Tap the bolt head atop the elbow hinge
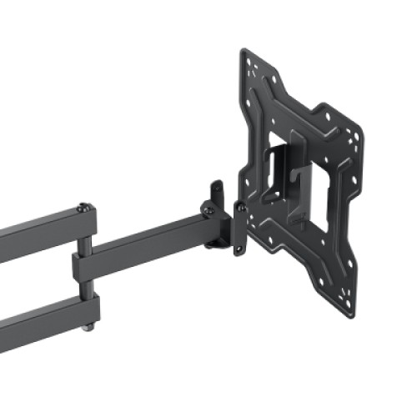click(x=82, y=208)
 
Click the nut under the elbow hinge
click(x=88, y=329)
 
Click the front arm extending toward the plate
click(x=150, y=242)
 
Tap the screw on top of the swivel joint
click(x=205, y=205)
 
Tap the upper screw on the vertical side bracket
click(x=240, y=205)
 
